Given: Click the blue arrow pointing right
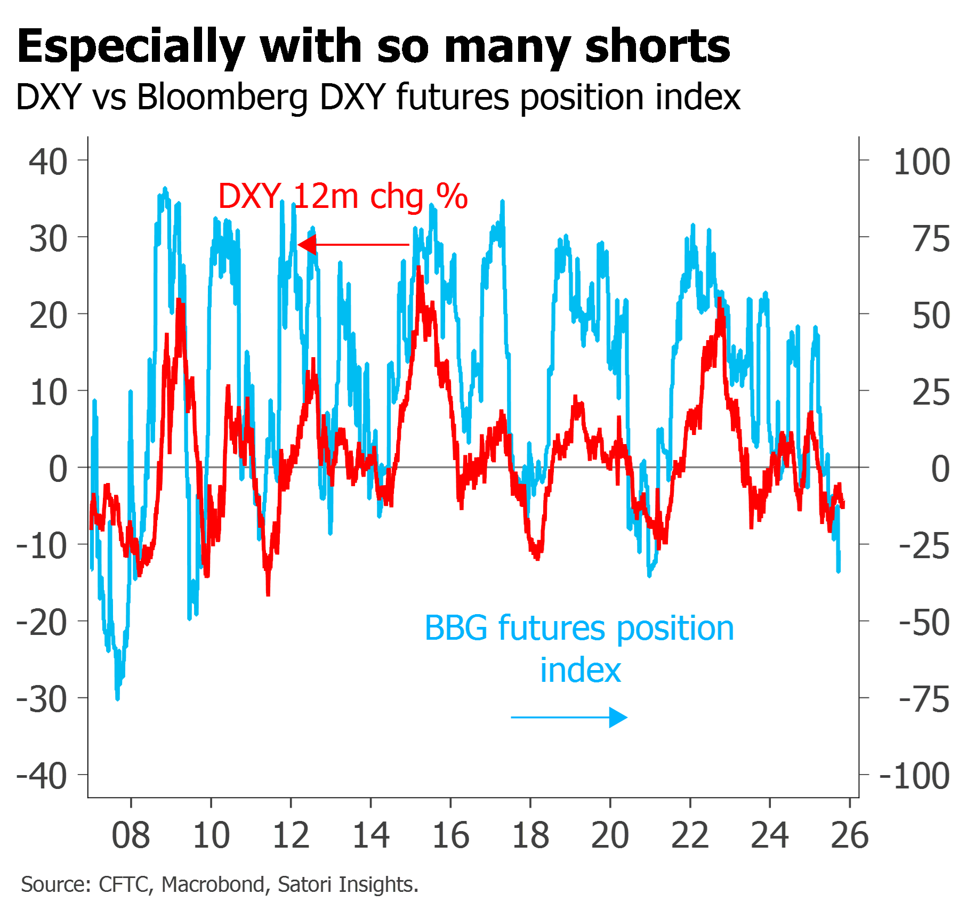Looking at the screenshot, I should coord(569,717).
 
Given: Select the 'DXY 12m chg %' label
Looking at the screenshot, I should coord(343,196).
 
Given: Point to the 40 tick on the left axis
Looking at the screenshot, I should coord(48,162).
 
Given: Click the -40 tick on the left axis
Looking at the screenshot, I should coord(43,776).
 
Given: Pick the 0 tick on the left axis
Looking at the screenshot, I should coord(58,469).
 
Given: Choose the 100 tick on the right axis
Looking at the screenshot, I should coord(922,162).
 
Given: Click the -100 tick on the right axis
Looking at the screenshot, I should coord(915,776).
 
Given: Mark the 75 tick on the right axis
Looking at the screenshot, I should coord(931,239).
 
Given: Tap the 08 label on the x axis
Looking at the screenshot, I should coord(131,835).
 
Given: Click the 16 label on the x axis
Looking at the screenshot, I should coord(450,835).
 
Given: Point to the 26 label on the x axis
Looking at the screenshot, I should coord(850,835).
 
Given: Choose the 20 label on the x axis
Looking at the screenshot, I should coord(610,835).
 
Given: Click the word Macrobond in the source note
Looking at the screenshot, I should coord(213,884).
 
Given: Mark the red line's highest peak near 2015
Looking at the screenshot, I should coord(419,268).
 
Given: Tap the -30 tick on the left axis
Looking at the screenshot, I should coord(43,699).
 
